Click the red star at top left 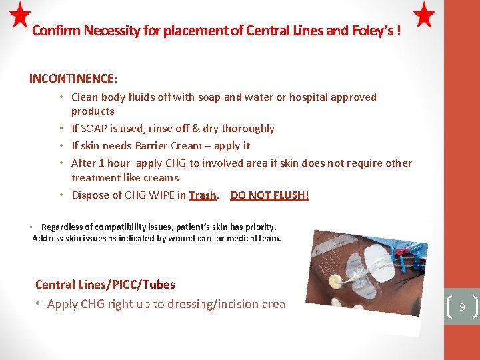coord(21,15)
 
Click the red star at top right coord(424,15)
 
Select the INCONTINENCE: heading coord(73,79)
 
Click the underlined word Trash coord(203,195)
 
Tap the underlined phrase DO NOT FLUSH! coord(270,195)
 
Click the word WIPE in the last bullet coord(169,195)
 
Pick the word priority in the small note coord(257,227)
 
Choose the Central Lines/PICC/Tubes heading coord(105,285)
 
